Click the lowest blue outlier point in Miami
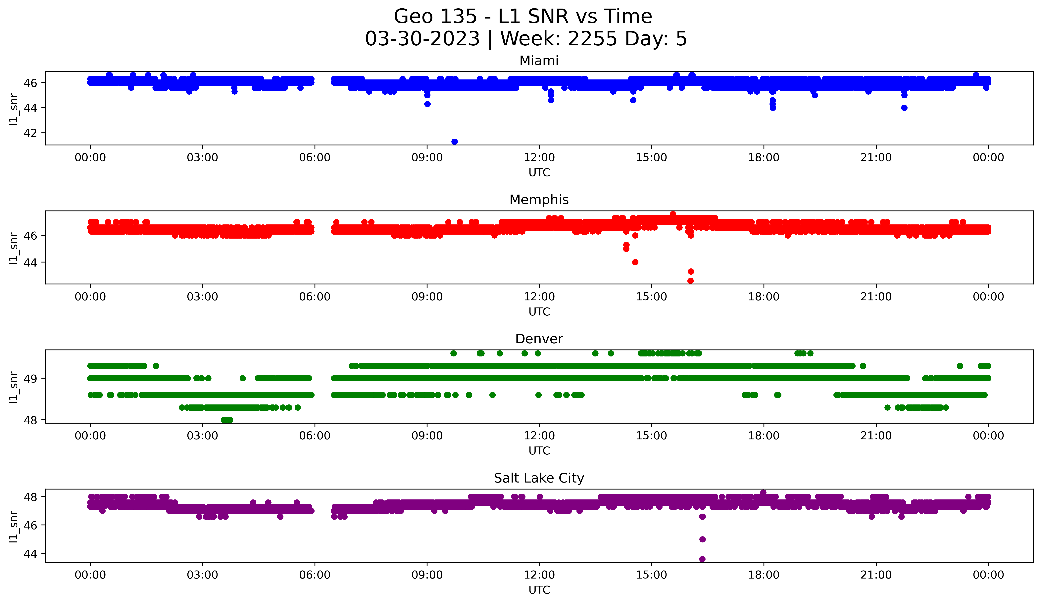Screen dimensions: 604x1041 (x=454, y=142)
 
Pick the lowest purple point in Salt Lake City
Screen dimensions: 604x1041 (x=702, y=559)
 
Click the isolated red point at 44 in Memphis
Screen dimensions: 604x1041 (x=635, y=262)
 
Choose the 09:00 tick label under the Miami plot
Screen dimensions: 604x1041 (x=427, y=158)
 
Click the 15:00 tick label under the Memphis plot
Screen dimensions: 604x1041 (x=651, y=297)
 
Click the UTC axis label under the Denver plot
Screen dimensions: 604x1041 (x=539, y=451)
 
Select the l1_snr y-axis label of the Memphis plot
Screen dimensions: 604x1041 (x=14, y=248)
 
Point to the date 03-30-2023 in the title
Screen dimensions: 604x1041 (x=422, y=39)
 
